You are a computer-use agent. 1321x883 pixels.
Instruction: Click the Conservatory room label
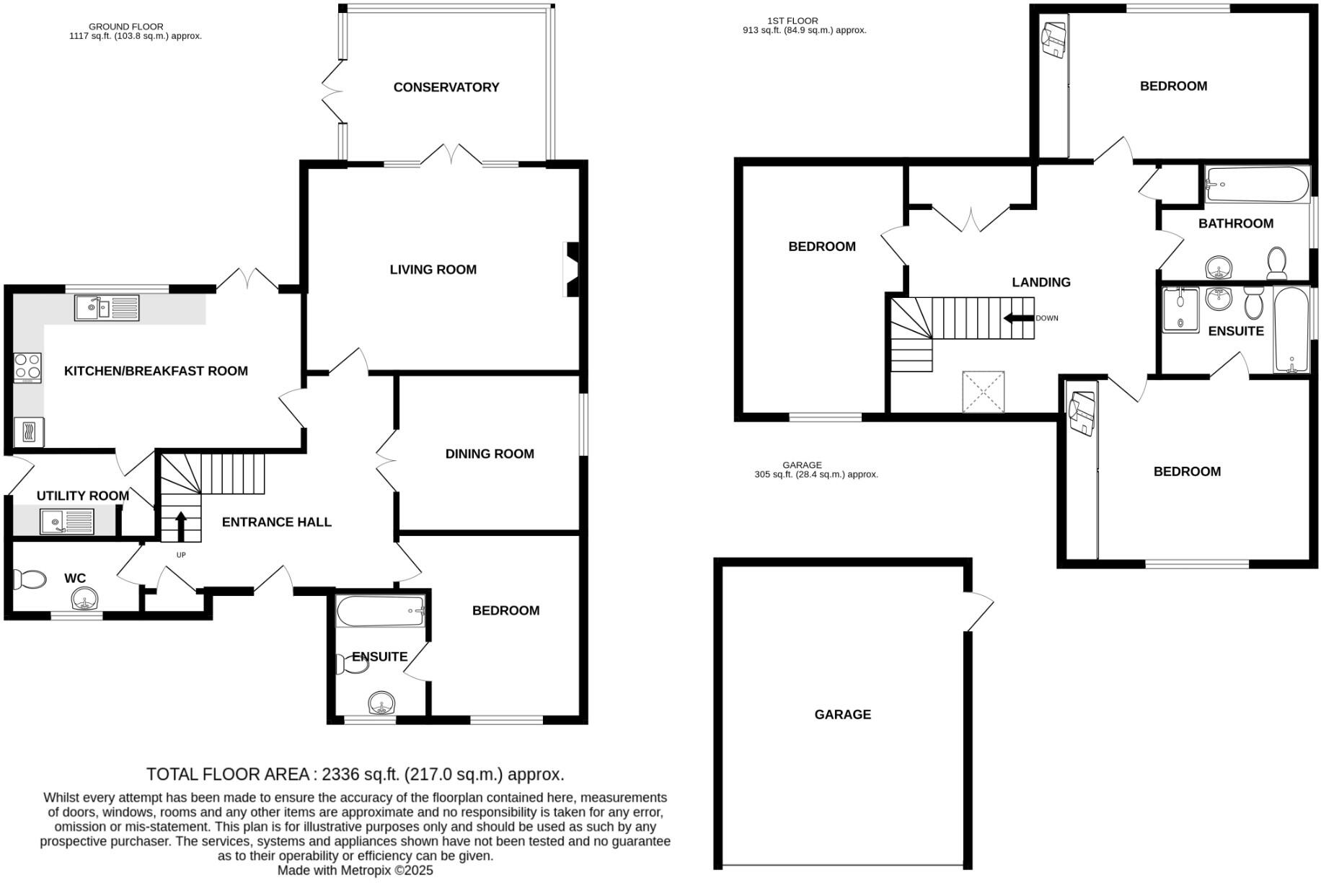click(x=446, y=87)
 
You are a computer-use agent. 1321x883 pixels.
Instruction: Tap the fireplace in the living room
click(x=571, y=269)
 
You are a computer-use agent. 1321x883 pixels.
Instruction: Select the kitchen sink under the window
click(x=107, y=308)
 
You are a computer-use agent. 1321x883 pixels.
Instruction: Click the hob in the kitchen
click(x=28, y=367)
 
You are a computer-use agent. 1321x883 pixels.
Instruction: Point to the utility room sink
click(x=67, y=522)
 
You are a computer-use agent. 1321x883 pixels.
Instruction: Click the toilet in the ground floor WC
click(x=29, y=579)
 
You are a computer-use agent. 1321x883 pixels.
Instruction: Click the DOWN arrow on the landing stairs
click(x=1019, y=318)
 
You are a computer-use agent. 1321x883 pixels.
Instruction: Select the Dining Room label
click(x=490, y=454)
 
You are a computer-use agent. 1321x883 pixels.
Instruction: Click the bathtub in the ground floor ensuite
click(x=381, y=611)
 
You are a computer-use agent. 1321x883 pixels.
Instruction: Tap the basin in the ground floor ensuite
click(x=382, y=702)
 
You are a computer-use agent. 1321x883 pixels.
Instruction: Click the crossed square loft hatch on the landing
click(x=983, y=392)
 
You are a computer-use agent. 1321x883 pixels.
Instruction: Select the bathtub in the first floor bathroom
click(x=1257, y=185)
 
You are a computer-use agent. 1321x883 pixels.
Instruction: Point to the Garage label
click(x=842, y=714)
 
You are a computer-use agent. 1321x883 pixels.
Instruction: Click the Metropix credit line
click(x=355, y=870)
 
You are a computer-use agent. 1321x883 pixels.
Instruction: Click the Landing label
click(x=1041, y=282)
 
